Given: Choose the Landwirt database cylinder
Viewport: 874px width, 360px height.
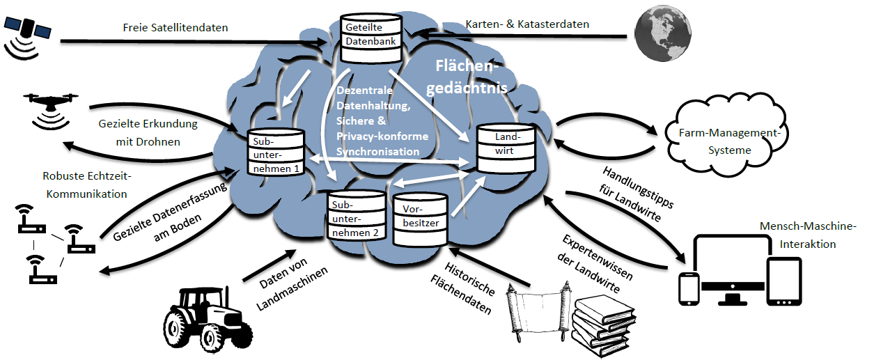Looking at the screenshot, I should pos(506,149).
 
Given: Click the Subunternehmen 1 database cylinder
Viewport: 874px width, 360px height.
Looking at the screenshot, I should pos(276,152).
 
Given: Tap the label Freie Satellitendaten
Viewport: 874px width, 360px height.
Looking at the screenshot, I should pos(175,28).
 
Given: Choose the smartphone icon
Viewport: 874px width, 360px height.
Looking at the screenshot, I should pos(689,289).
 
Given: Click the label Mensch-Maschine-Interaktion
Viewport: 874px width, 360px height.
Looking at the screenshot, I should pos(808,235).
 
